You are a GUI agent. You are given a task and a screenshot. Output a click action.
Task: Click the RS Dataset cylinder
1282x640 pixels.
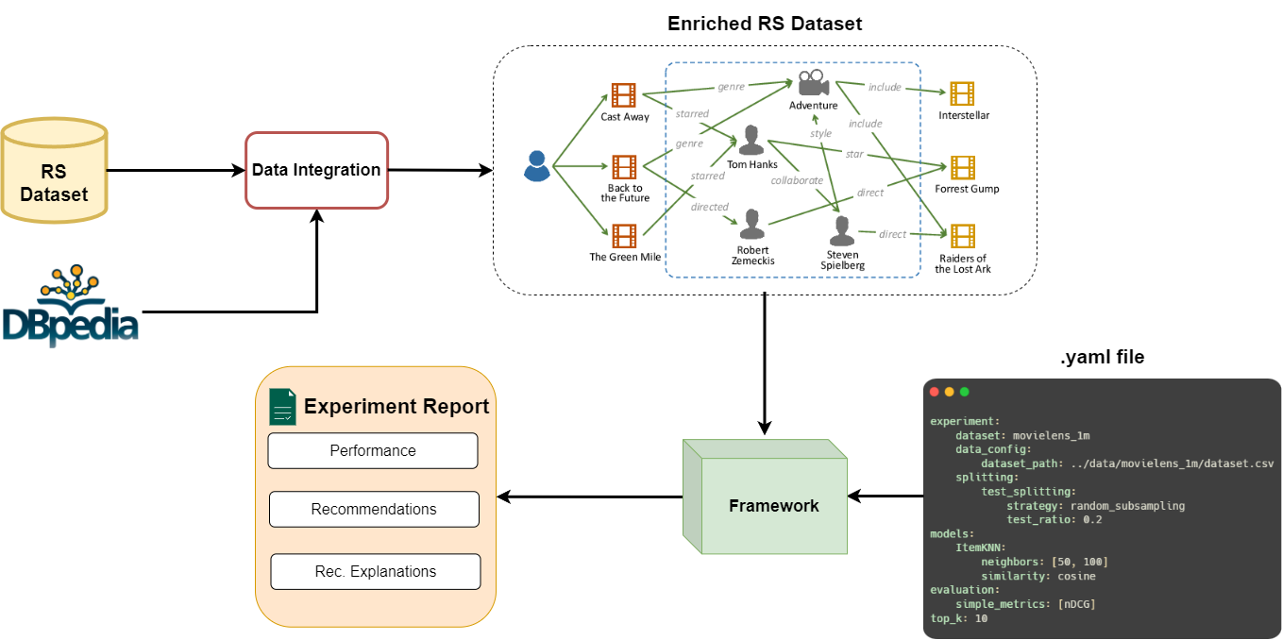coord(55,170)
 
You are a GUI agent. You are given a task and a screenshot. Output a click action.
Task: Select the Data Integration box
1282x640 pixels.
coord(316,170)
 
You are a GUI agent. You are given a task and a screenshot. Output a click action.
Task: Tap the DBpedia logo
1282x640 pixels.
coord(70,305)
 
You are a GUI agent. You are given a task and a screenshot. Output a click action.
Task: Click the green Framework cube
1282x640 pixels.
coord(765,497)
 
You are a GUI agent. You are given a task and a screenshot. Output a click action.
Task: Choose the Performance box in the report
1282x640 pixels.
coord(373,450)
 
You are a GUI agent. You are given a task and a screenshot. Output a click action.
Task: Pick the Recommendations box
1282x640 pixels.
coord(374,509)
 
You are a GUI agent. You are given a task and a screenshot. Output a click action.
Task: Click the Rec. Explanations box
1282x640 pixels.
coord(376,571)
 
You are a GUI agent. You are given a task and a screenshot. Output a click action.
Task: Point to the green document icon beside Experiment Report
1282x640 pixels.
coord(282,407)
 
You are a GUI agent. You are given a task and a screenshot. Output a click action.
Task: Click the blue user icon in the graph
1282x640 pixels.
coord(537,166)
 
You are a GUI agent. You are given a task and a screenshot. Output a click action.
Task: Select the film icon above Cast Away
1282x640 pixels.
coord(623,95)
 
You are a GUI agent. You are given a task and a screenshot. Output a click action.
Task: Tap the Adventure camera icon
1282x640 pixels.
coord(813,82)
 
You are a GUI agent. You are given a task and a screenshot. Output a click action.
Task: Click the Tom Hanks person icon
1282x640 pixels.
coord(751,141)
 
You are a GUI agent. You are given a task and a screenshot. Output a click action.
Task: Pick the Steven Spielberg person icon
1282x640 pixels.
coord(842,230)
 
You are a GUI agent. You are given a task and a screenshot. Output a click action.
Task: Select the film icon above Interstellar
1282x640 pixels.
coord(962,93)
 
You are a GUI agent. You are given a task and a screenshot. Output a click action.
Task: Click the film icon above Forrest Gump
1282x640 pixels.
coord(963,168)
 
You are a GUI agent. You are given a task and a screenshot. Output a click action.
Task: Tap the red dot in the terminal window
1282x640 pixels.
coord(934,392)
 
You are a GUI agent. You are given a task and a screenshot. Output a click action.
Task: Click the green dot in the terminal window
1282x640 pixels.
coord(965,392)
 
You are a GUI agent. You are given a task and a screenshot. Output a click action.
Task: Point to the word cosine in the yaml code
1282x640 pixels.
coord(1076,576)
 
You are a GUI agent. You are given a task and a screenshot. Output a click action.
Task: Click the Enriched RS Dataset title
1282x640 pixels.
coord(765,24)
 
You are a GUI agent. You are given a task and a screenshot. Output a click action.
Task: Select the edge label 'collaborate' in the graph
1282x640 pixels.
coord(797,180)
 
